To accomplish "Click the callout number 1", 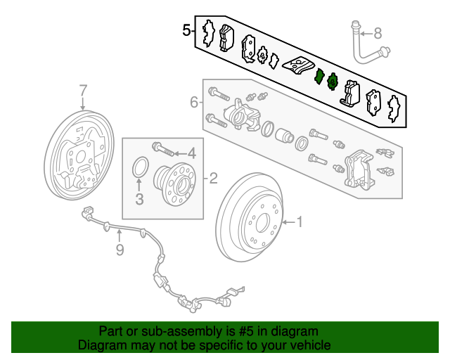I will tap(300, 223).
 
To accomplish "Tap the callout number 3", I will tap(139, 200).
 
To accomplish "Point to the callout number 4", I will tap(191, 153).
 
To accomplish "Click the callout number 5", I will tap(186, 30).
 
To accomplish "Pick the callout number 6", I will tap(194, 103).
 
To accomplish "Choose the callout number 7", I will tap(83, 90).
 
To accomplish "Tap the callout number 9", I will tap(120, 250).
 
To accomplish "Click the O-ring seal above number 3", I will tap(139, 168).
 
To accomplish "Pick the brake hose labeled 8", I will tap(362, 44).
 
